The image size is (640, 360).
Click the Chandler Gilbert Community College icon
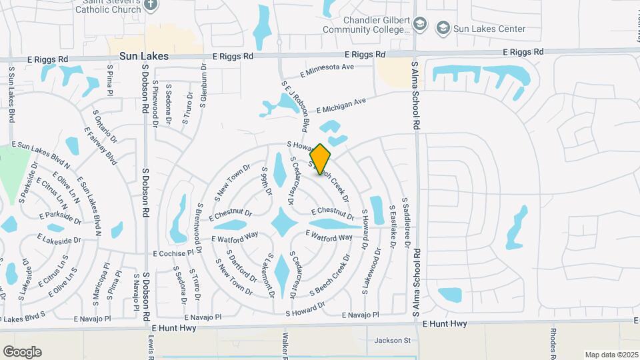[419, 25]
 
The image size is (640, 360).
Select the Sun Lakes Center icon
[443, 29]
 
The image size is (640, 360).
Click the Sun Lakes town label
[144, 57]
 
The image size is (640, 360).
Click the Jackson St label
[392, 341]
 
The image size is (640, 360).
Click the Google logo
[22, 352]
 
